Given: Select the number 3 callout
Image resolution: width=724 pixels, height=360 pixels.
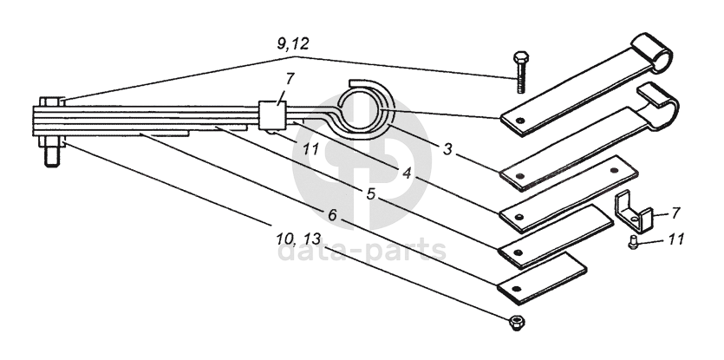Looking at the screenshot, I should click(447, 149).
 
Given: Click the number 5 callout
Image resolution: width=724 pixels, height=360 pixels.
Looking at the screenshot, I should click(371, 194).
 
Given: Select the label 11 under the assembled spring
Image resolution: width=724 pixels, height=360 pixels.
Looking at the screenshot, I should click(311, 149).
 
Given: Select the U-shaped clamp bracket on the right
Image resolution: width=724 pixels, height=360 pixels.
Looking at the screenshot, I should click(632, 212).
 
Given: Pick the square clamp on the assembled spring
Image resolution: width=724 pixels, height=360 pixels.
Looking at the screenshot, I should click(272, 116).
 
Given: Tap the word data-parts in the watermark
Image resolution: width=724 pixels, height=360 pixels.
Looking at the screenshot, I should click(362, 251).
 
